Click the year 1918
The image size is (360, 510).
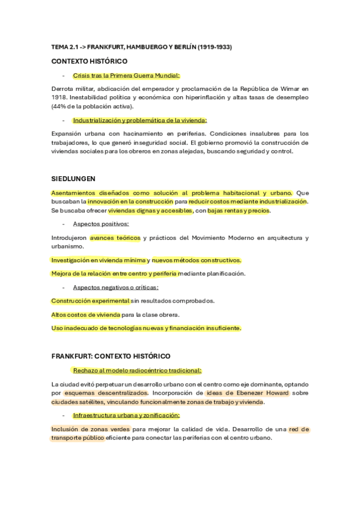click(x=59, y=97)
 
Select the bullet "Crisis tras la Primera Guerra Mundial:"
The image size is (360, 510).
click(x=126, y=76)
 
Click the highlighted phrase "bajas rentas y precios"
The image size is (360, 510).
click(x=239, y=211)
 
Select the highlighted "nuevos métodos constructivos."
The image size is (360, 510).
click(x=197, y=260)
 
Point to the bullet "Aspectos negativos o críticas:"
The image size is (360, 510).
click(x=115, y=287)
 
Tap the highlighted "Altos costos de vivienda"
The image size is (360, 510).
click(x=86, y=315)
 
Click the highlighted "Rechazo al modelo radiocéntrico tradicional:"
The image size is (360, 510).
click(x=136, y=370)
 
